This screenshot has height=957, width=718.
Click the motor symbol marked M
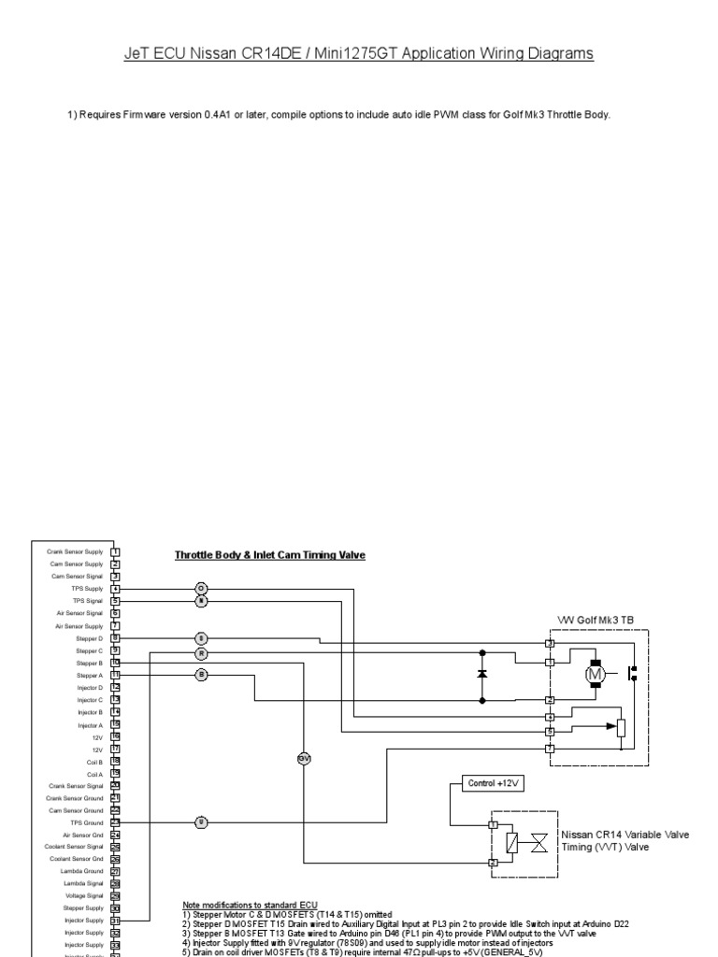(596, 674)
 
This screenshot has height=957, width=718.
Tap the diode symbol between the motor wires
(481, 674)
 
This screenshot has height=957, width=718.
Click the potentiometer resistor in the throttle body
(621, 727)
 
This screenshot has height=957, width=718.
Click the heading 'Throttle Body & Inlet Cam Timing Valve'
(270, 555)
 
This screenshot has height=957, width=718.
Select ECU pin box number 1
(115, 551)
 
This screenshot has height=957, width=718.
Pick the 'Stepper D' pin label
(90, 637)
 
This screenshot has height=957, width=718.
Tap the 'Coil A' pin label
(93, 774)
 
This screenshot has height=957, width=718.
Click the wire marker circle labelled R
(201, 652)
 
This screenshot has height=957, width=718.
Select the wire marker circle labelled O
(201, 588)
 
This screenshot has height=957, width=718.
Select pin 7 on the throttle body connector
(551, 749)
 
